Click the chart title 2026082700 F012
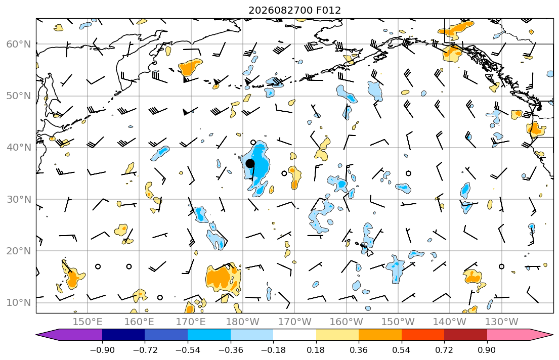pyautogui.click(x=294, y=10)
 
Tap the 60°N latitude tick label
pyautogui.click(x=19, y=44)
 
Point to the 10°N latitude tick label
pyautogui.click(x=19, y=303)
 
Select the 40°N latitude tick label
pyautogui.click(x=19, y=148)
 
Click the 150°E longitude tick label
pyautogui.click(x=88, y=322)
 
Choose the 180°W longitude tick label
pyautogui.click(x=243, y=322)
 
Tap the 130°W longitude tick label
pyautogui.click(x=502, y=322)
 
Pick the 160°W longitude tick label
pyautogui.click(x=346, y=322)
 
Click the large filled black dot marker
pyautogui.click(x=250, y=164)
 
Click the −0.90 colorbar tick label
pyautogui.click(x=102, y=350)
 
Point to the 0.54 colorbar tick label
pyautogui.click(x=402, y=350)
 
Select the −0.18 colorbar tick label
pyautogui.click(x=273, y=350)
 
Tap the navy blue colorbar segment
pyautogui.click(x=123, y=335)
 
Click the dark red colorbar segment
pyautogui.click(x=465, y=335)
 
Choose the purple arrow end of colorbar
pyautogui.click(x=69, y=335)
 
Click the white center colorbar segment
pyautogui.click(x=294, y=335)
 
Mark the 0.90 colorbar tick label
pyautogui.click(x=487, y=350)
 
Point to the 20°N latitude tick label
pyautogui.click(x=19, y=251)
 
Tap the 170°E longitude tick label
pyautogui.click(x=191, y=322)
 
